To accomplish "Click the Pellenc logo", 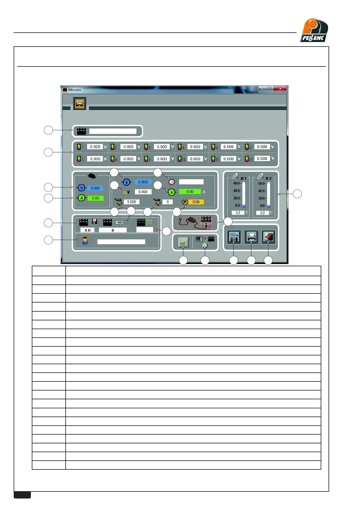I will tap(314, 30).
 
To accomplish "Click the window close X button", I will tap(280, 89).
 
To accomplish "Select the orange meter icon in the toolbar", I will tap(80, 103).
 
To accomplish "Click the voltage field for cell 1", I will tap(95, 147).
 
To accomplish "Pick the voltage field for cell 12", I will tap(262, 159).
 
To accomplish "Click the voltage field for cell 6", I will tap(262, 147).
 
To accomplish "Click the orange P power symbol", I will tap(185, 202).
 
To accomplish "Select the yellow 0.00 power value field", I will tap(196, 202).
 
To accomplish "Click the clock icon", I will tap(172, 182).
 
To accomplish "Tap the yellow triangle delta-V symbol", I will tap(124, 192).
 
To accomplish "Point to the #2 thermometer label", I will tap(268, 179).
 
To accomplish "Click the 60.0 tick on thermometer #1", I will tap(237, 183).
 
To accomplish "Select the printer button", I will tap(251, 237).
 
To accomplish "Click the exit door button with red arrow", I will tap(268, 237).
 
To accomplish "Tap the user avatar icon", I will tap(85, 241).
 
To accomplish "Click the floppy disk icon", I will tap(94, 221).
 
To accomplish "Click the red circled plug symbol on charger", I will tap(206, 225).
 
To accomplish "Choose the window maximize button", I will tap(270, 89).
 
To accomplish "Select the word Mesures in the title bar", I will tap(75, 90).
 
